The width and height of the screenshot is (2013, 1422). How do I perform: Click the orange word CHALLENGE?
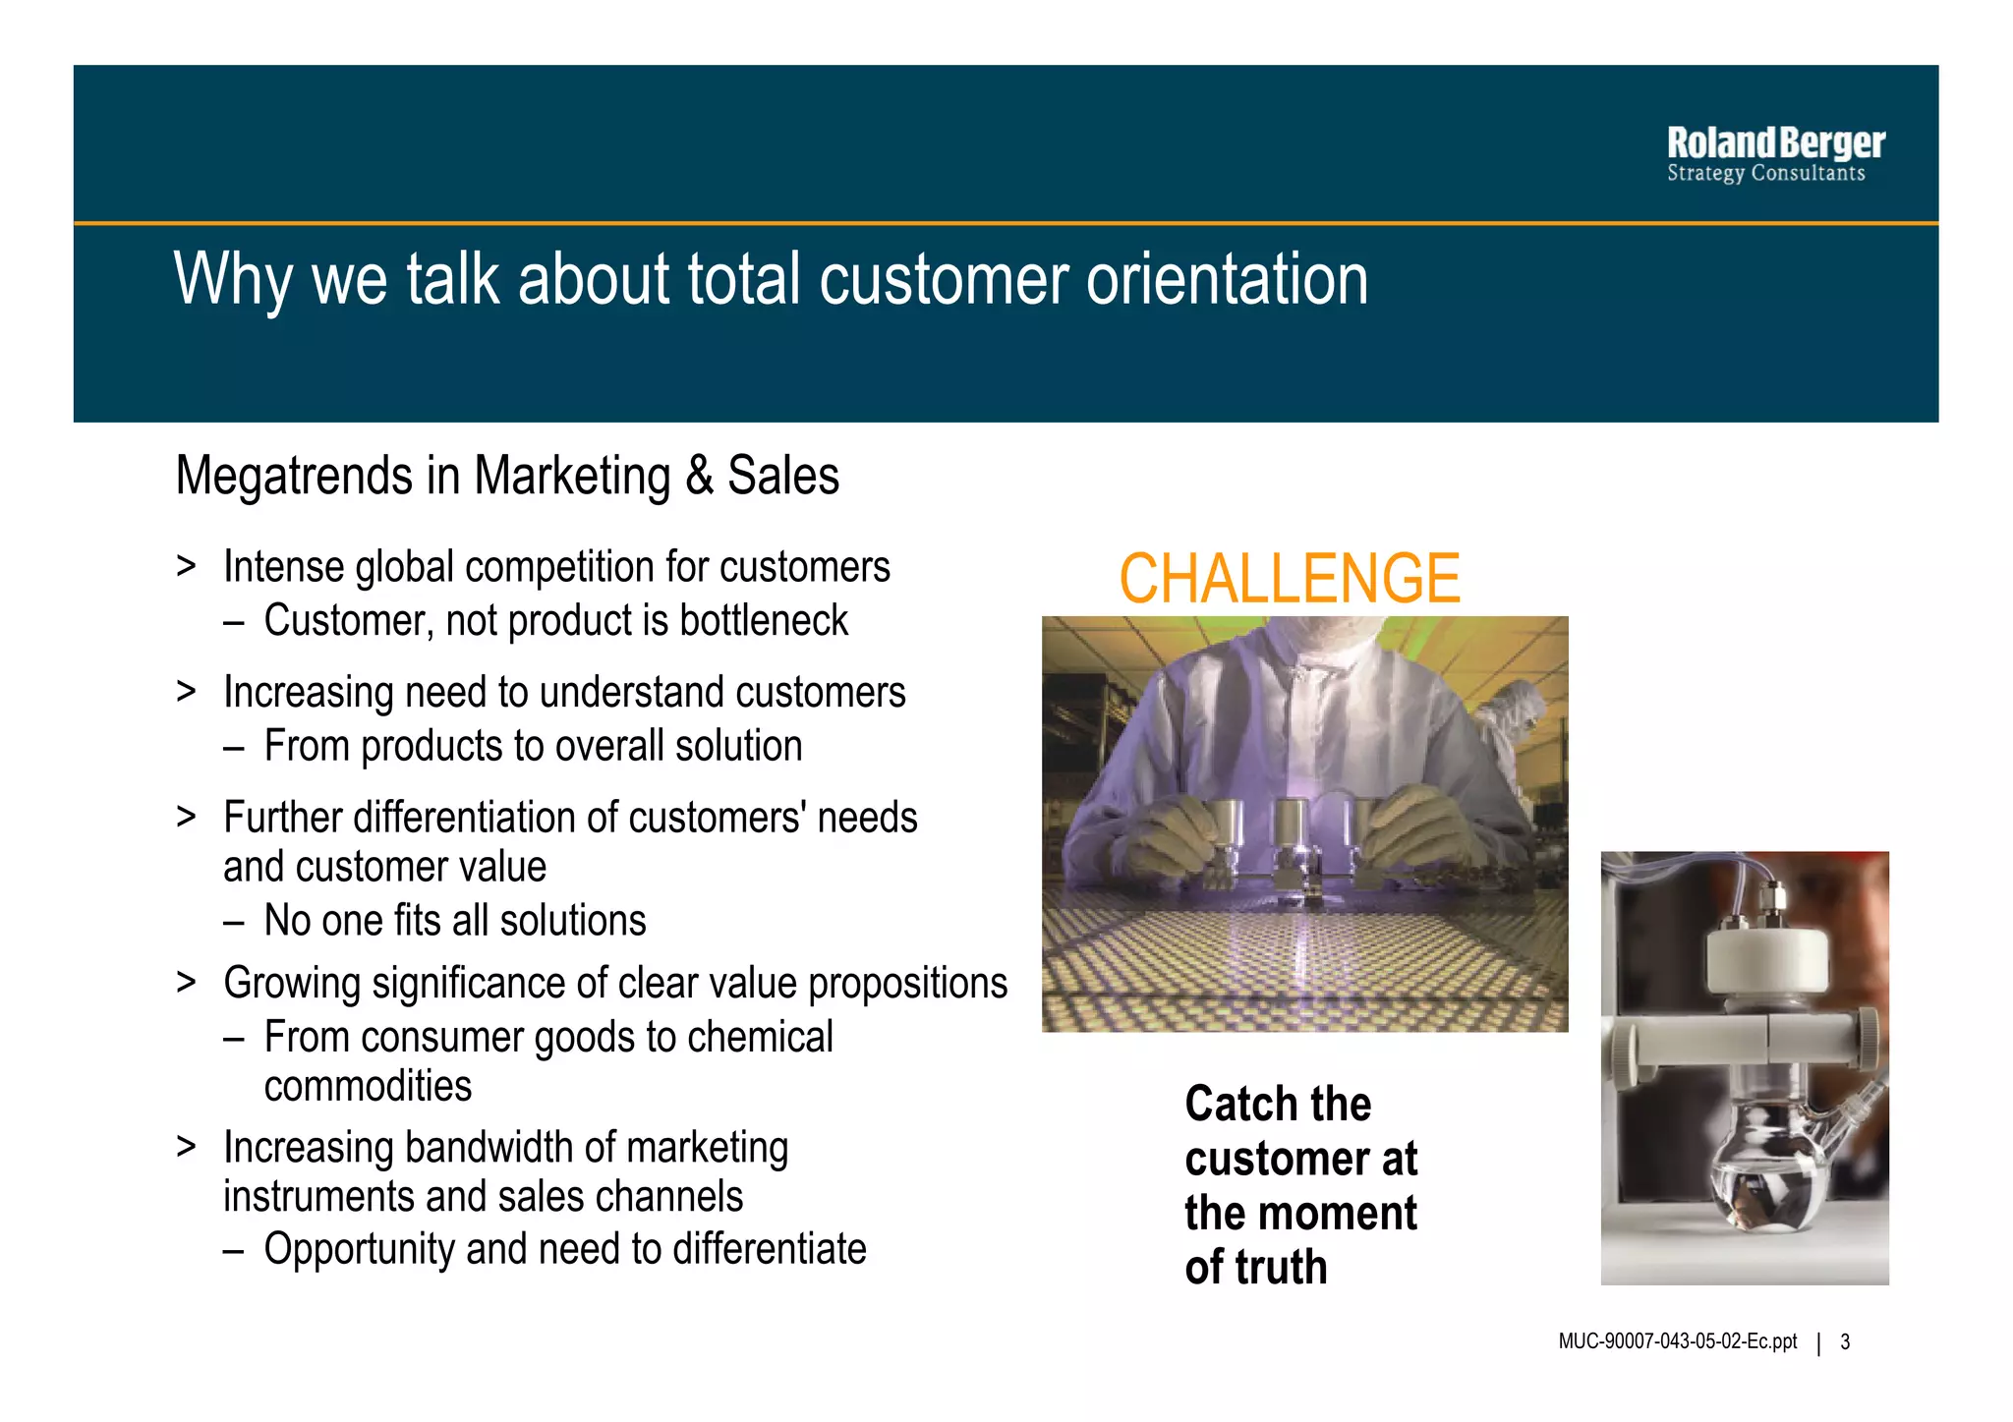[1290, 579]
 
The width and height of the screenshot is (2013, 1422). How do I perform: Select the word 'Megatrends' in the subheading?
[294, 477]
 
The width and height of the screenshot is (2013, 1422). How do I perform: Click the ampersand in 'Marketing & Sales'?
[699, 477]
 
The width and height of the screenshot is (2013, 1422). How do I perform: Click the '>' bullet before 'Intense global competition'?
[186, 567]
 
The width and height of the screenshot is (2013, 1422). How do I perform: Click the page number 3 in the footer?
[1845, 1342]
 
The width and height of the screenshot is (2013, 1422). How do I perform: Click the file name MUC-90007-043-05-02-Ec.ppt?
[1677, 1342]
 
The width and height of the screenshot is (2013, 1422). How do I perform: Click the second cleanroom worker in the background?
[1509, 727]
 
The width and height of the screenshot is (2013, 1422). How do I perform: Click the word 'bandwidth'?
[489, 1148]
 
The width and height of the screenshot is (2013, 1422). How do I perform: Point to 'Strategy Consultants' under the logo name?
[1765, 174]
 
